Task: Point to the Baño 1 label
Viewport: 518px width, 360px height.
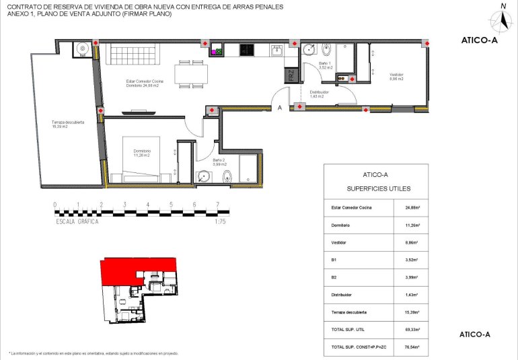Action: click(x=326, y=66)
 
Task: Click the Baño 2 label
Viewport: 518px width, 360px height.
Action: click(x=219, y=161)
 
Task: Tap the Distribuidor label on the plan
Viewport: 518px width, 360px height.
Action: click(x=319, y=94)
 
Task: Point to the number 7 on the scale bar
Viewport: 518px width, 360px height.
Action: click(x=217, y=205)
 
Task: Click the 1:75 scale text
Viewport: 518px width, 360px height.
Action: click(x=220, y=221)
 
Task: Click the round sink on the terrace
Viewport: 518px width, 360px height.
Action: click(x=81, y=48)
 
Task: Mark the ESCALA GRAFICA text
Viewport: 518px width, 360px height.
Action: click(x=77, y=221)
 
